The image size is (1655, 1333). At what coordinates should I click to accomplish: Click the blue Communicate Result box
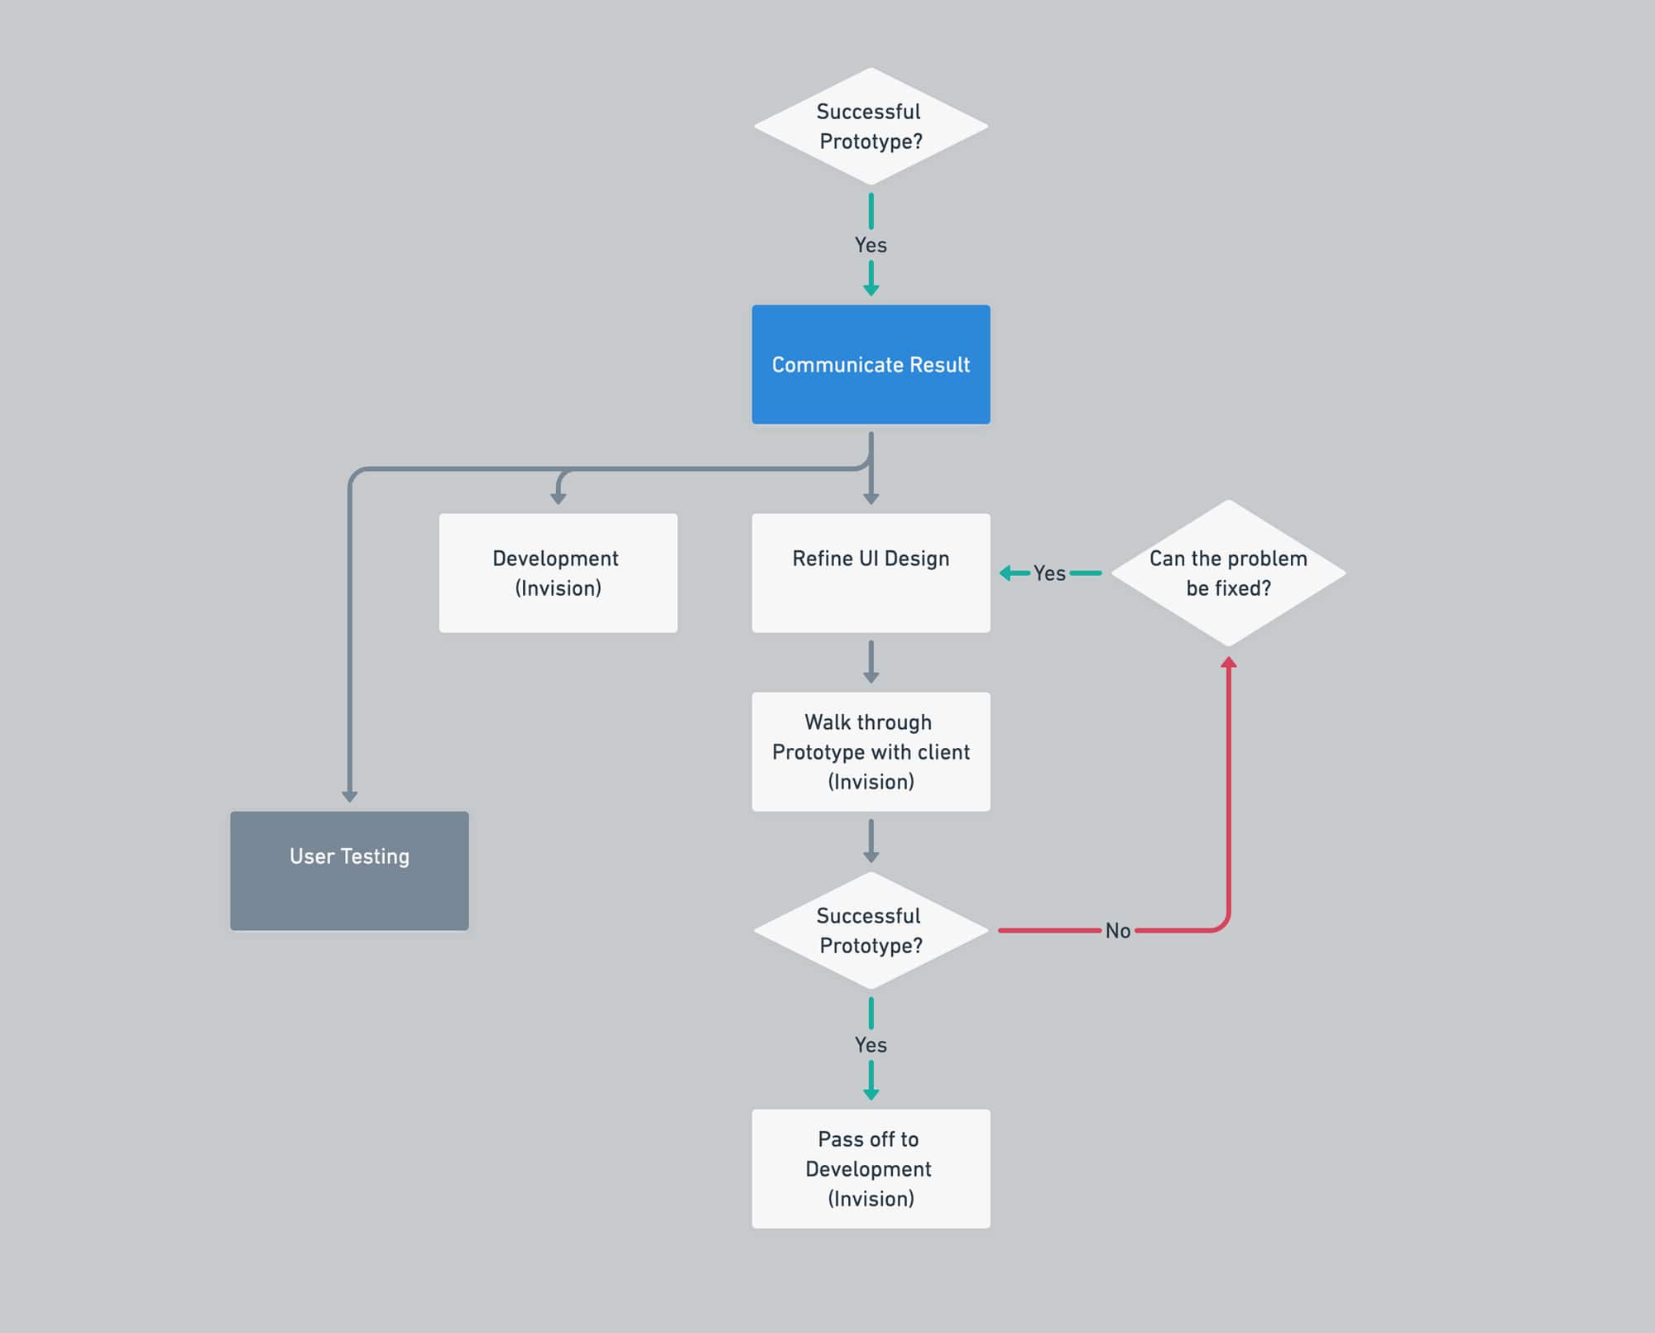(x=871, y=364)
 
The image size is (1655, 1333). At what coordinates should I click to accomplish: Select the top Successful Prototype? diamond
(x=871, y=127)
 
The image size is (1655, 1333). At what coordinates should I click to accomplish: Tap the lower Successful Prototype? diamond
(x=871, y=930)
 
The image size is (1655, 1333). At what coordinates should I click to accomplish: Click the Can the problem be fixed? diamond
(x=1228, y=573)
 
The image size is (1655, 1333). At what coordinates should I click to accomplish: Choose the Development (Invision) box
(x=558, y=573)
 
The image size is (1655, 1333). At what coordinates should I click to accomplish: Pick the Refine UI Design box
(x=871, y=573)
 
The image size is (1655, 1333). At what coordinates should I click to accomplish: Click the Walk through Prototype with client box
(x=871, y=751)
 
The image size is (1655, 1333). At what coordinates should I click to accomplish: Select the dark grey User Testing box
(x=349, y=870)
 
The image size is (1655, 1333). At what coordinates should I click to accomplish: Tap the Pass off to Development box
(x=871, y=1168)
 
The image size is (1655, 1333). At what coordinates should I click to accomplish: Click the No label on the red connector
(x=1118, y=931)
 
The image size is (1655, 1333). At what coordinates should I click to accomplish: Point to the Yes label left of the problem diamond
(x=1049, y=573)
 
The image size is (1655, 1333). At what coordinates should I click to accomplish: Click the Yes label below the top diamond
(x=871, y=245)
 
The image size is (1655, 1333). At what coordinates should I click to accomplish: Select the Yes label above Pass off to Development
(x=871, y=1045)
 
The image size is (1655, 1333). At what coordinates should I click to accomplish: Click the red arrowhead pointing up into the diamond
(x=1229, y=663)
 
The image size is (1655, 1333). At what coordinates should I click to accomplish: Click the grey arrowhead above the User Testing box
(x=349, y=796)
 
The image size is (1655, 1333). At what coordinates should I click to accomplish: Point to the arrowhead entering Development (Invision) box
(x=559, y=498)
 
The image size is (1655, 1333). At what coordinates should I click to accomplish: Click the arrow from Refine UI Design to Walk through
(x=871, y=662)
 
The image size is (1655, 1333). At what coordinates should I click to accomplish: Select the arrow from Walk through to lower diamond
(x=871, y=841)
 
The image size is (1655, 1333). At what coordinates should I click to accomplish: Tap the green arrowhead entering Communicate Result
(x=871, y=290)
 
